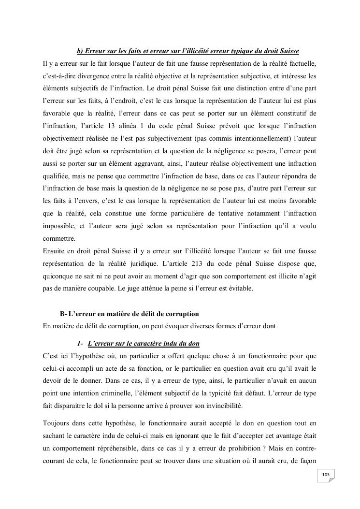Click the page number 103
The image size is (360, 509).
(325, 475)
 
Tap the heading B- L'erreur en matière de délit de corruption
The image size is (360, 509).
(129, 314)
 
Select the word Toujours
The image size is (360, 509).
(57, 423)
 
